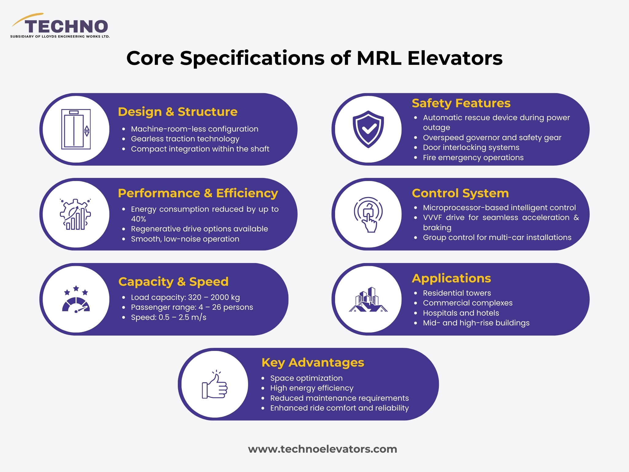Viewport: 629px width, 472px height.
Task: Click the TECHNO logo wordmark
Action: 66,26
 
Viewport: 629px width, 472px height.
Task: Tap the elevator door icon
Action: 76,129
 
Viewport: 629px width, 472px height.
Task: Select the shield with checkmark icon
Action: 368,129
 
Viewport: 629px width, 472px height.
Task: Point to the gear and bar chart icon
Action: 76,214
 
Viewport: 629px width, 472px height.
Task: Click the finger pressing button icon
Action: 368,214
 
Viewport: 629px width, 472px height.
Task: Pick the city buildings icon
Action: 368,300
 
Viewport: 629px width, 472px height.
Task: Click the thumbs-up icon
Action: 215,385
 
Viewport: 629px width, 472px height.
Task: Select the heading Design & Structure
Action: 178,112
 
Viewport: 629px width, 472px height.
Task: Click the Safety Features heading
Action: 461,103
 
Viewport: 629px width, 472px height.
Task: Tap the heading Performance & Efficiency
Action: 198,193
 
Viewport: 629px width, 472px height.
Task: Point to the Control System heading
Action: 460,193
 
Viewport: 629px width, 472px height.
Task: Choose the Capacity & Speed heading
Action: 174,281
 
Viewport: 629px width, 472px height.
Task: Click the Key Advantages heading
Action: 313,363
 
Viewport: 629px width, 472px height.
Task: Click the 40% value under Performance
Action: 139,219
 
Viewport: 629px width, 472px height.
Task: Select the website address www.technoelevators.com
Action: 322,449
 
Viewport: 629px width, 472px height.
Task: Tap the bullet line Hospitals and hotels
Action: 461,313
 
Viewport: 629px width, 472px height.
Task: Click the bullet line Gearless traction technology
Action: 185,139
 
